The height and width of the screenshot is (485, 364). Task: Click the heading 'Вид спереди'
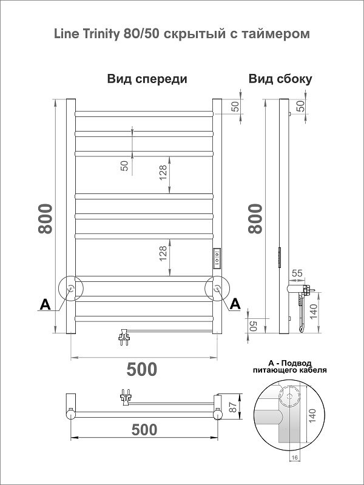(x=147, y=79)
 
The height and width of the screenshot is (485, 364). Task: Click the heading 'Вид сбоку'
(x=280, y=79)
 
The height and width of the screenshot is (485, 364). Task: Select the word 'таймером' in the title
(x=281, y=35)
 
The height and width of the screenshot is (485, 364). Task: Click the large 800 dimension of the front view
(x=45, y=219)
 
